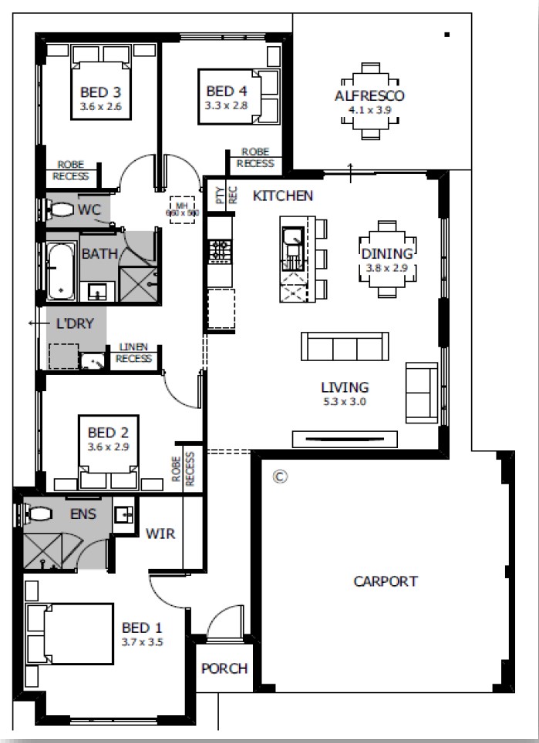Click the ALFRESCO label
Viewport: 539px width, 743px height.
(x=370, y=96)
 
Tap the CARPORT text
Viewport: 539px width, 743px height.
(x=386, y=581)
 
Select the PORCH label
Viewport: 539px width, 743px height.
(x=224, y=668)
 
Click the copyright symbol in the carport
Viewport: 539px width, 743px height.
(x=280, y=477)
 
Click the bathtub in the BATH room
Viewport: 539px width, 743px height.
(x=59, y=272)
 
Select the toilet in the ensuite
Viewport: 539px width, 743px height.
(x=37, y=512)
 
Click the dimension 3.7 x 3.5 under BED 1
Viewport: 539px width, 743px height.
(x=143, y=641)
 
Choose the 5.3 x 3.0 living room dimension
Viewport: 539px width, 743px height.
(x=345, y=401)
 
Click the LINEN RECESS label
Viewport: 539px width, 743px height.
(x=134, y=354)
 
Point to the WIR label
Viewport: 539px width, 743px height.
(x=160, y=534)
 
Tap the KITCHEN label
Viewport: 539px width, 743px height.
(x=283, y=196)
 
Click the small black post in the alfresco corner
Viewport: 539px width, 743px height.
(x=446, y=34)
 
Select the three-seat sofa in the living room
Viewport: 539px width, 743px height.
(x=345, y=347)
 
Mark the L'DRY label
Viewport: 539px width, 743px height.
(x=75, y=323)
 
